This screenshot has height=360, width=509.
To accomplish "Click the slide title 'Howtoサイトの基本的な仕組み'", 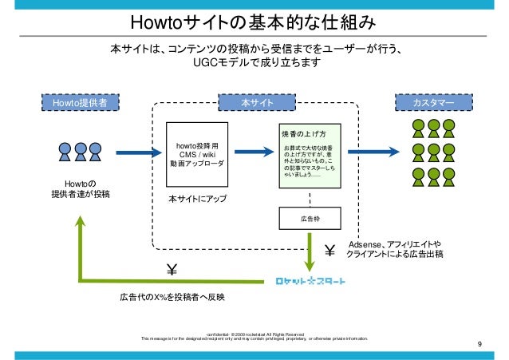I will point(254,20).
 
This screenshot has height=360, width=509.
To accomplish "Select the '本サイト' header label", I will point(258,102).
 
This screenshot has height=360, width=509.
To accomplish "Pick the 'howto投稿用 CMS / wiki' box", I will point(196,154).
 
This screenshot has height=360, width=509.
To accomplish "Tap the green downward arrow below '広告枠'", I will point(310,251).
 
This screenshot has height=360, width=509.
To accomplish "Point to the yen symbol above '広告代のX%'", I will point(171,269).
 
